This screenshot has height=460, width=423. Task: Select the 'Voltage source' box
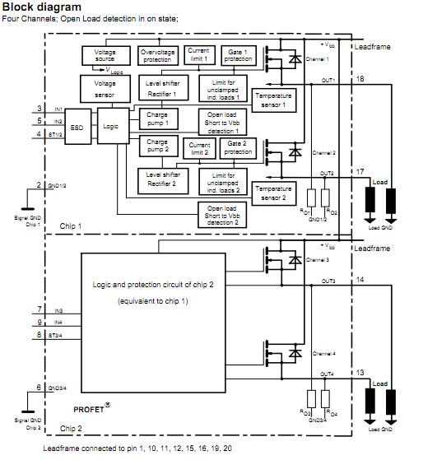[105, 55]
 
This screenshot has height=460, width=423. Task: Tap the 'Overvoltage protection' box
[158, 55]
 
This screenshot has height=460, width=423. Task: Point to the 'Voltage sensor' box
[105, 88]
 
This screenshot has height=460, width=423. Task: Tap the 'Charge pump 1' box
[156, 118]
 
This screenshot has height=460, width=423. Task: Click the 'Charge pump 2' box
[156, 146]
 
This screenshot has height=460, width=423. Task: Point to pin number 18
[360, 77]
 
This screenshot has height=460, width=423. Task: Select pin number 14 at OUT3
[360, 281]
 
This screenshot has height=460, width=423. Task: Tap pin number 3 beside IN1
[40, 109]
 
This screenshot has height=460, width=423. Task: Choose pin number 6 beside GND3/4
[40, 387]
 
